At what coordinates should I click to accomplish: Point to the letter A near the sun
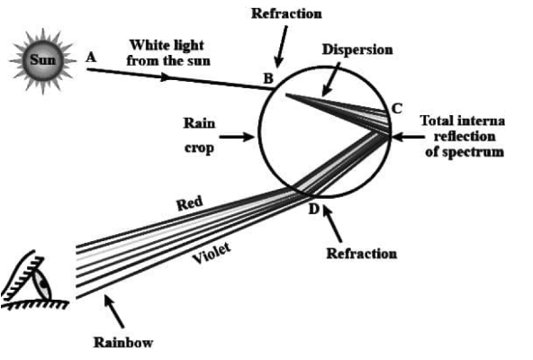pyautogui.click(x=90, y=56)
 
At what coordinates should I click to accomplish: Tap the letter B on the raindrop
pyautogui.click(x=268, y=78)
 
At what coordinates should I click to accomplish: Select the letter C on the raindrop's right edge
pyautogui.click(x=396, y=108)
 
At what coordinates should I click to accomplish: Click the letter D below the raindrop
pyautogui.click(x=313, y=209)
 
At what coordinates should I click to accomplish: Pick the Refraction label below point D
pyautogui.click(x=360, y=253)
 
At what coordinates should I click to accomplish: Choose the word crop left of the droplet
pyautogui.click(x=198, y=148)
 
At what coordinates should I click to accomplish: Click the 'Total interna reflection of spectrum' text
pyautogui.click(x=467, y=136)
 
